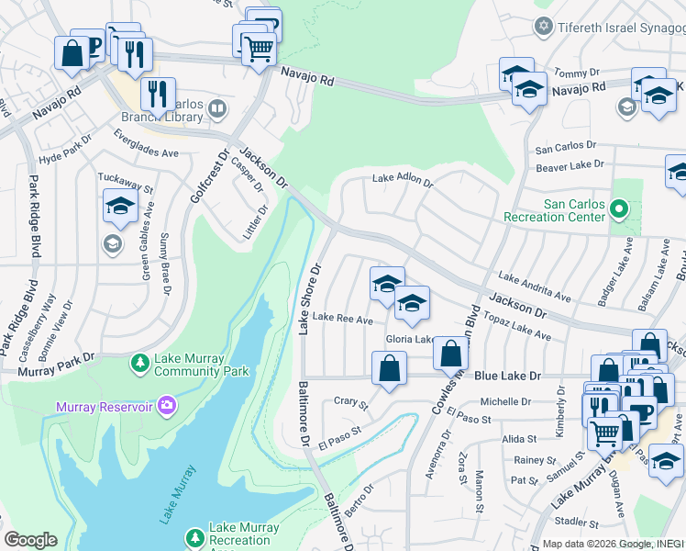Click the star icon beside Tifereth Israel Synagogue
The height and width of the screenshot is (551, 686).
pyautogui.click(x=545, y=25)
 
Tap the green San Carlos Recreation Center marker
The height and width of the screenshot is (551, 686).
pyautogui.click(x=619, y=210)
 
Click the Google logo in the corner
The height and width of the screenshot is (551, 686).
pyautogui.click(x=30, y=540)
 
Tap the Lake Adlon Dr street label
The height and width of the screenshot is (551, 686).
pyautogui.click(x=402, y=181)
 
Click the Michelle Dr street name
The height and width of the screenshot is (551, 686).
pyautogui.click(x=506, y=401)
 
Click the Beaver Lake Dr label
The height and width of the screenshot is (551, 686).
pyautogui.click(x=570, y=165)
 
